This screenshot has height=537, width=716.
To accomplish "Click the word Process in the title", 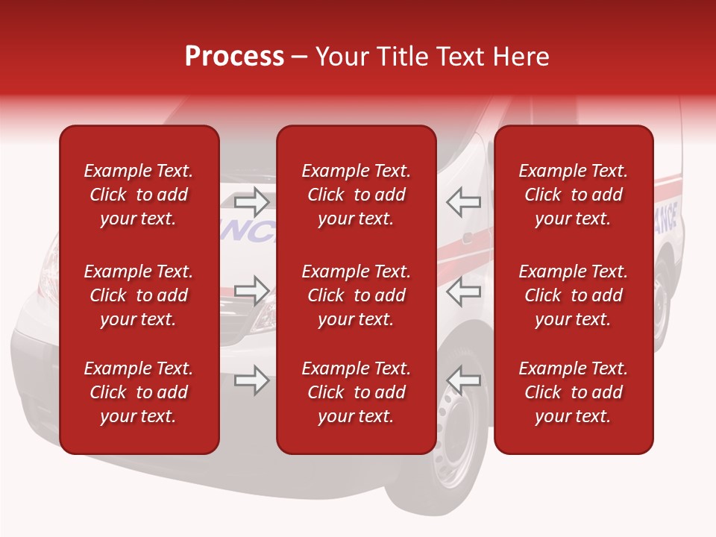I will click(x=234, y=57).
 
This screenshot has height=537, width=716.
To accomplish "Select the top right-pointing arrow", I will click(x=251, y=201).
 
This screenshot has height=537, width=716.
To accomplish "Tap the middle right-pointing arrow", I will click(x=251, y=291).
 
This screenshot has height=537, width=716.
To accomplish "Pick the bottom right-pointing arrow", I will click(x=251, y=380).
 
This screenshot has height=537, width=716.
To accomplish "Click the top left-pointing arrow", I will click(x=464, y=201).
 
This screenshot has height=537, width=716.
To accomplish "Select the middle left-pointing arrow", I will click(x=464, y=291).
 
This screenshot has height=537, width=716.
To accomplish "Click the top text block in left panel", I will click(x=139, y=195).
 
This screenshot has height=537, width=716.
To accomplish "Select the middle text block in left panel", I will click(x=139, y=295).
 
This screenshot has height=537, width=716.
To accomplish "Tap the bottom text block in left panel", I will click(x=139, y=392).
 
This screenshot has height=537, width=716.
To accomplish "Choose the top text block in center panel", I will click(x=356, y=195).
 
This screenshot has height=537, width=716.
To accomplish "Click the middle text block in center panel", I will click(x=356, y=295).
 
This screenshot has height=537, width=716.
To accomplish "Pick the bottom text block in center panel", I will click(x=356, y=392).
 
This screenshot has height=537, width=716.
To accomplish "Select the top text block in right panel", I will click(x=573, y=195).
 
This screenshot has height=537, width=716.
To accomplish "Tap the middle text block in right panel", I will click(x=573, y=295).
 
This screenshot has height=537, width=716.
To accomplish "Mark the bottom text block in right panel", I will click(x=573, y=392).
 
